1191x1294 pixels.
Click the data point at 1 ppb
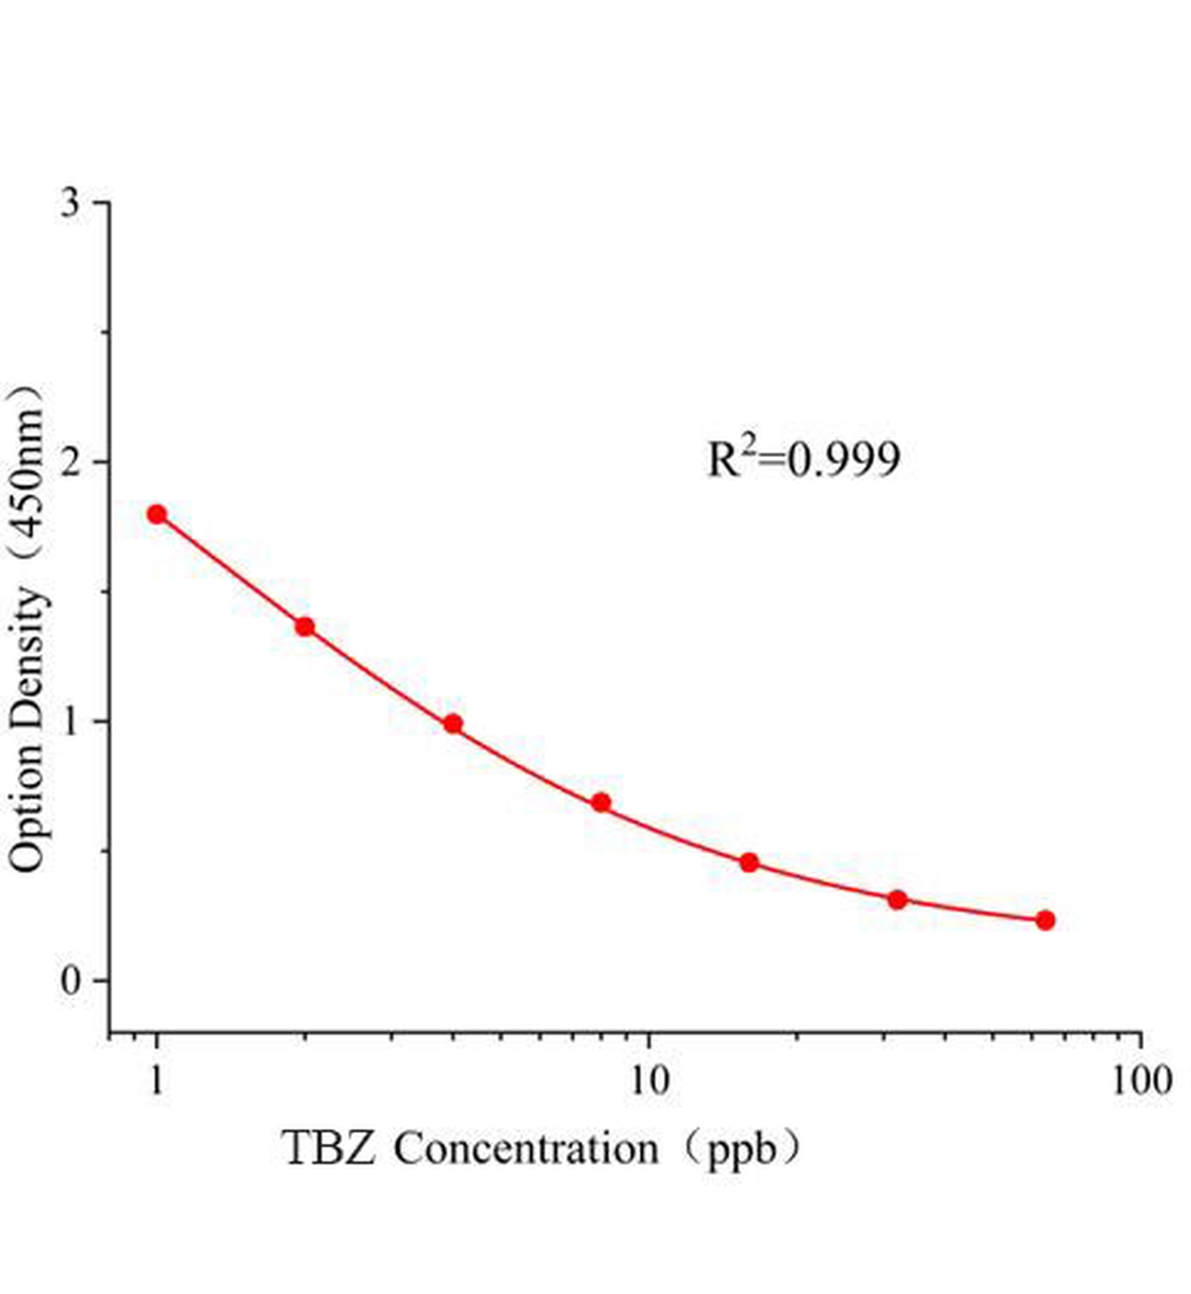pos(157,514)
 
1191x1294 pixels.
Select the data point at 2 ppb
pos(305,627)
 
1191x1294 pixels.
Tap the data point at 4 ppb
pos(453,724)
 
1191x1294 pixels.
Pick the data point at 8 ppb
pos(601,802)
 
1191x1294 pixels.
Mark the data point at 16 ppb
pos(749,863)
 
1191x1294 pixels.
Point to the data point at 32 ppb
pos(897,899)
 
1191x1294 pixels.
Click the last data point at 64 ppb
pos(1045,920)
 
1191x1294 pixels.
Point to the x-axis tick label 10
pos(649,1080)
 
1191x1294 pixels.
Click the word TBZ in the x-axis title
pos(328,1148)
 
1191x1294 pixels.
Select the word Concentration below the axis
pos(526,1148)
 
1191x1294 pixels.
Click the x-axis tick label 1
pos(157,1080)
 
